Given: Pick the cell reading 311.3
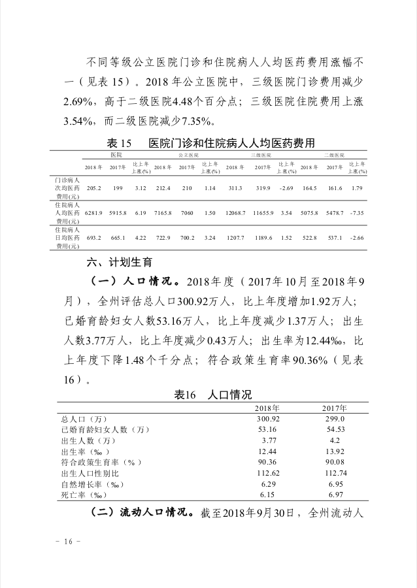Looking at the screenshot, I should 235,189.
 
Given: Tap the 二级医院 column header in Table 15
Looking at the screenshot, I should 335,155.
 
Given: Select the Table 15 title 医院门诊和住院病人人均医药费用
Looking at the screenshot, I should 232,143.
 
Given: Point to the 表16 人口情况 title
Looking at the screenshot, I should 212,395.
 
